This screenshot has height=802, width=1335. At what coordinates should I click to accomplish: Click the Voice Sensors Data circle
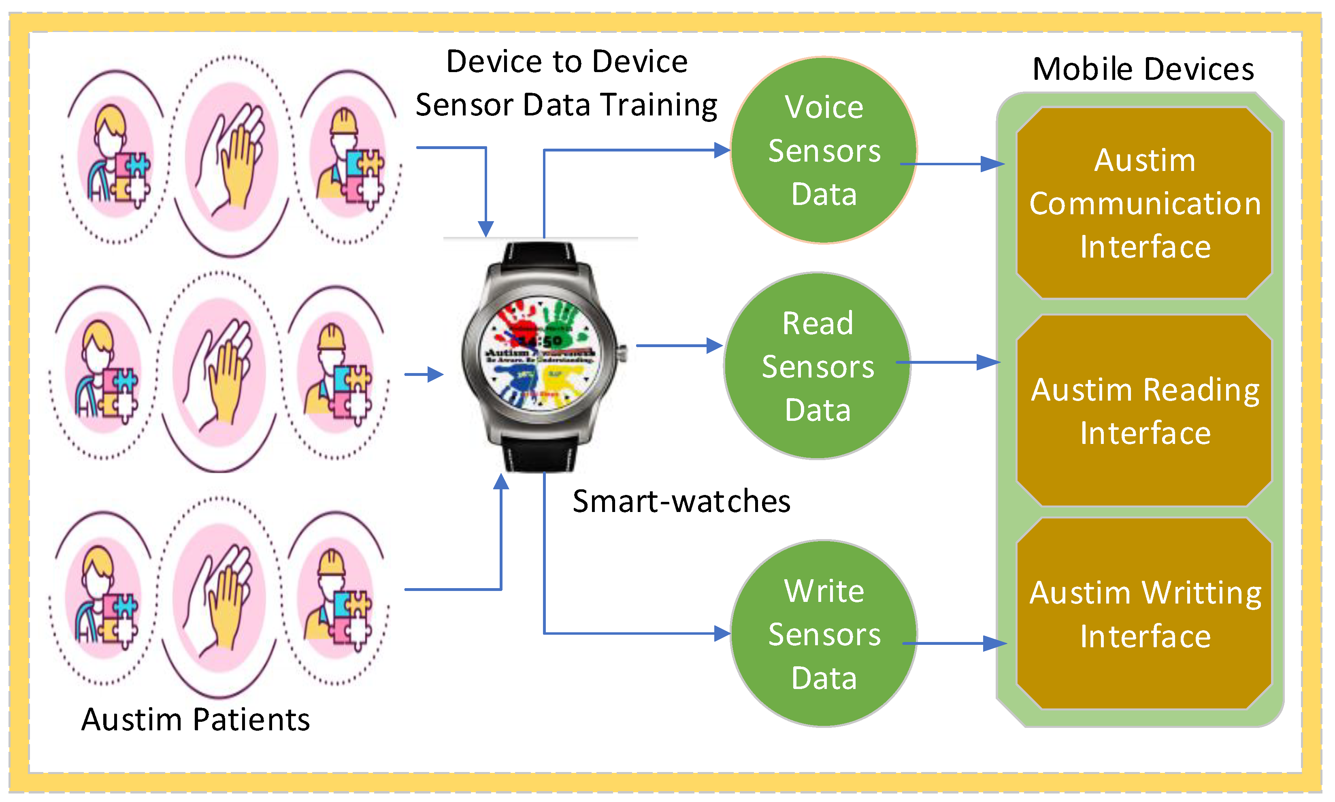823,150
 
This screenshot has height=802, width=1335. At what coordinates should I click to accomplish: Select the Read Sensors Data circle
816,366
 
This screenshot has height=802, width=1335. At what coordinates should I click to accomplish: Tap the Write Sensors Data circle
823,633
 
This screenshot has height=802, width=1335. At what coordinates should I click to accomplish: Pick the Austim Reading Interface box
1144,411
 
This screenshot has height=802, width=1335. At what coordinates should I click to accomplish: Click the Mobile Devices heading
1142,69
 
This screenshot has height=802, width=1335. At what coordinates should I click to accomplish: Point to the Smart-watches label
681,501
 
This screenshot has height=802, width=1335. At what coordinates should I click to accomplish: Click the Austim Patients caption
195,719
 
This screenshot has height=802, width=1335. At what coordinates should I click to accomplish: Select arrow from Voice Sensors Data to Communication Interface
951,164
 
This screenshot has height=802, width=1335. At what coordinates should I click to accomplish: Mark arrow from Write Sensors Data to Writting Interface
953,643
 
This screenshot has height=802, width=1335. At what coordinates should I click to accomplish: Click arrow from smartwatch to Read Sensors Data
678,346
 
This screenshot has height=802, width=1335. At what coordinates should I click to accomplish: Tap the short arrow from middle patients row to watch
424,374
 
